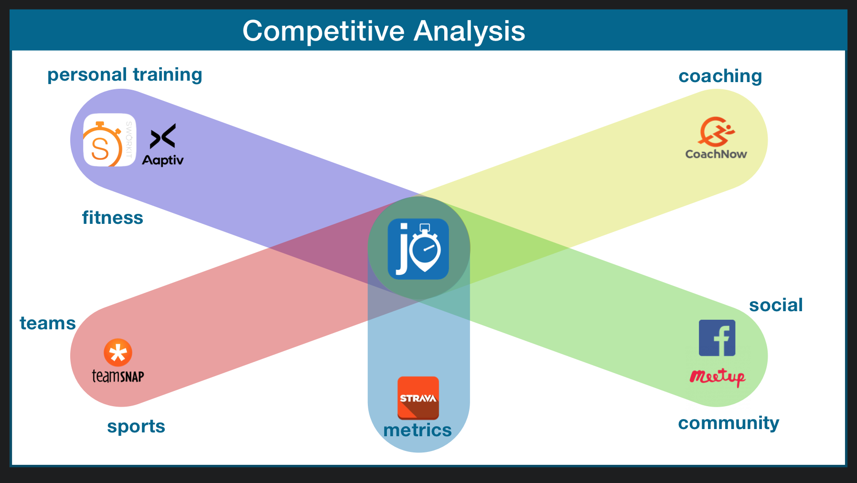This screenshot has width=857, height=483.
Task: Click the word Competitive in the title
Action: tap(324, 31)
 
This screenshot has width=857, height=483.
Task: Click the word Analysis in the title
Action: tap(470, 31)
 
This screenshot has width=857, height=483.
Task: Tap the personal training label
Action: tap(125, 75)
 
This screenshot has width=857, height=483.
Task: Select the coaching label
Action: tap(720, 76)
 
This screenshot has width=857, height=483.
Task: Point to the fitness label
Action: tap(113, 218)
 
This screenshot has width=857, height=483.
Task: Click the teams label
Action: tap(48, 323)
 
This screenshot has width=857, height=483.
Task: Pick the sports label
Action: tap(136, 426)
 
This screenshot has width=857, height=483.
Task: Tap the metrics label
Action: tap(418, 430)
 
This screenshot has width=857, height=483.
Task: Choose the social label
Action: tap(776, 305)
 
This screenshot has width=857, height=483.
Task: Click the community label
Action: tap(728, 423)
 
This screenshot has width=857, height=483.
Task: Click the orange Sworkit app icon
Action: tap(110, 140)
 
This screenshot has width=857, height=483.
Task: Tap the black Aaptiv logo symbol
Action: tap(163, 136)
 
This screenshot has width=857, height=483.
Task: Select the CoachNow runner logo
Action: tap(716, 131)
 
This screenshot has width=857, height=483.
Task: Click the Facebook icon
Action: tap(717, 338)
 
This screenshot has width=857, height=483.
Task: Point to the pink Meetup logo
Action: tap(718, 377)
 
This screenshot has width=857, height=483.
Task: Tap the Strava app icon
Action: tap(418, 398)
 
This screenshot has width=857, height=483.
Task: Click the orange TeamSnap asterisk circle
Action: tap(118, 353)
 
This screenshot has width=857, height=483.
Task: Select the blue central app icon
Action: tap(418, 249)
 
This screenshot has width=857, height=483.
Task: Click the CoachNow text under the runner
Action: tap(716, 154)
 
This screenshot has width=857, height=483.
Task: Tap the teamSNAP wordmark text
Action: tap(118, 376)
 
